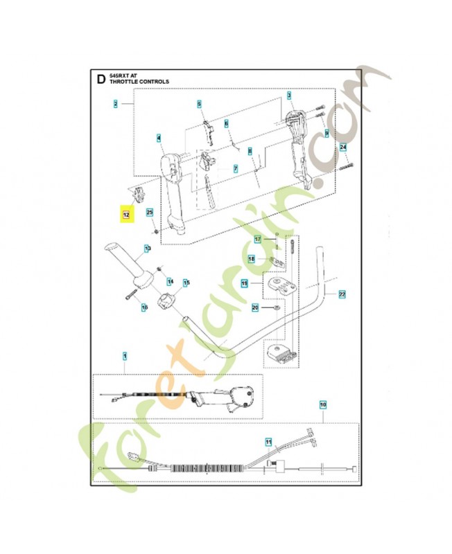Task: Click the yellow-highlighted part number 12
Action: (x=126, y=215)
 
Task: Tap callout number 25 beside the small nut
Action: (x=149, y=213)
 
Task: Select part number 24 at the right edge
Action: (x=342, y=147)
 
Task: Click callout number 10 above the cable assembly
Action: (x=322, y=403)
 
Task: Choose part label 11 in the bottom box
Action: (x=268, y=440)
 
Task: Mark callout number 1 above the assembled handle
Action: (x=125, y=357)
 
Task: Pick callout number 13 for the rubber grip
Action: (x=147, y=248)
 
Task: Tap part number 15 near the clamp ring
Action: (x=185, y=282)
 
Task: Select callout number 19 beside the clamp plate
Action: (x=244, y=283)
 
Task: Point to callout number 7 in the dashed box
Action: (x=235, y=168)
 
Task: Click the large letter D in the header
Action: (x=101, y=80)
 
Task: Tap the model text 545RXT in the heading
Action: (x=119, y=75)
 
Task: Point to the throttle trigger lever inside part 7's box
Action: (x=210, y=188)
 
